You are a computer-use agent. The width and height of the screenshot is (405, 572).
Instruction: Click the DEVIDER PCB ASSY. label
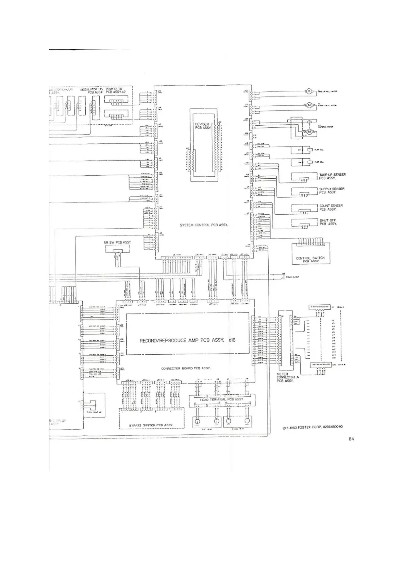(203, 126)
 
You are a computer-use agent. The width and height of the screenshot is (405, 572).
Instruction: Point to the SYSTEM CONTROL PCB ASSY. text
(204, 225)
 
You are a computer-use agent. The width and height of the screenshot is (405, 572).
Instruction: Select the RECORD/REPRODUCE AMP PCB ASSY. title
(187, 340)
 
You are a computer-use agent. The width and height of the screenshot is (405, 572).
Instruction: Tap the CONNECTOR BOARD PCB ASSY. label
(186, 368)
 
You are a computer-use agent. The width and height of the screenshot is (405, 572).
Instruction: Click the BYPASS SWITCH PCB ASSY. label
(151, 425)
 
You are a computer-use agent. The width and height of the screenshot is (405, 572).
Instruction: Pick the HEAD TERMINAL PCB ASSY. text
(221, 399)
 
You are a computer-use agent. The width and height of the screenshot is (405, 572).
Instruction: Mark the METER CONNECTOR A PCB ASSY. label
(287, 377)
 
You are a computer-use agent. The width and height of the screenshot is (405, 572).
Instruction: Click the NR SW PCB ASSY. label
(117, 243)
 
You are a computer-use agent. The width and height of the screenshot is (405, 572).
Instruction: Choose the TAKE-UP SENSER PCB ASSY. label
(332, 176)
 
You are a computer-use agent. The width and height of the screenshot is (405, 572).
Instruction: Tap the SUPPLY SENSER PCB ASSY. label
(332, 191)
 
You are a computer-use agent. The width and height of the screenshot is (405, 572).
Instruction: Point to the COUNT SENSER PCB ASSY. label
(331, 208)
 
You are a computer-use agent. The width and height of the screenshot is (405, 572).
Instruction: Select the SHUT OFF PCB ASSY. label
(328, 222)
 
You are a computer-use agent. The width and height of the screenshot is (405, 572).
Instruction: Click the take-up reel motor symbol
(309, 91)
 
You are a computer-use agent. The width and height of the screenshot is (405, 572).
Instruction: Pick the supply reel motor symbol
(309, 105)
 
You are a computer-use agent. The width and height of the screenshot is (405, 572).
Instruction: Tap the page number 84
(351, 439)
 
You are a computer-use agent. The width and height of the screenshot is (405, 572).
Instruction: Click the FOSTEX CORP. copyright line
(313, 427)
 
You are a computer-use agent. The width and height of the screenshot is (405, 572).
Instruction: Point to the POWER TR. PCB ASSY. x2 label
(116, 90)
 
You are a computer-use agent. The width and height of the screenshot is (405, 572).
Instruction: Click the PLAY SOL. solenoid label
(319, 150)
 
